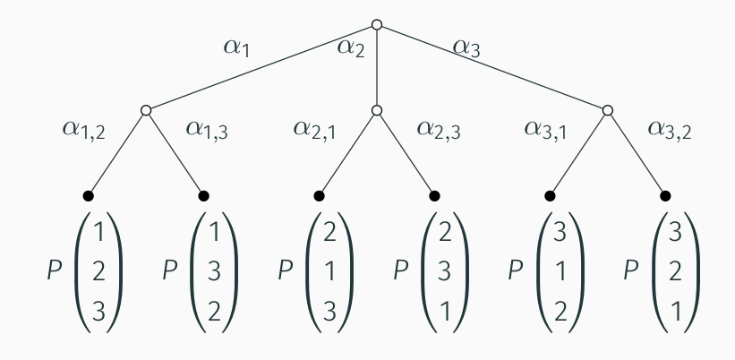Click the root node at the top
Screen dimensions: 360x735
377,24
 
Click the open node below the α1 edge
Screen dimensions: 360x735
146,110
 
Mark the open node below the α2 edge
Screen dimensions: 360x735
377,110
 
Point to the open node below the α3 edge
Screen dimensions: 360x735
608,110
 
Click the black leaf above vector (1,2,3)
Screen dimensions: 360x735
88,195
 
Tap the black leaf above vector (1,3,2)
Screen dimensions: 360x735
203,195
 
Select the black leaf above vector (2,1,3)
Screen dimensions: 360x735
319,195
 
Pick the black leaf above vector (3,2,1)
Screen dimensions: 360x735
665,195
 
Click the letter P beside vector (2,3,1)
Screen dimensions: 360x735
401,270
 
